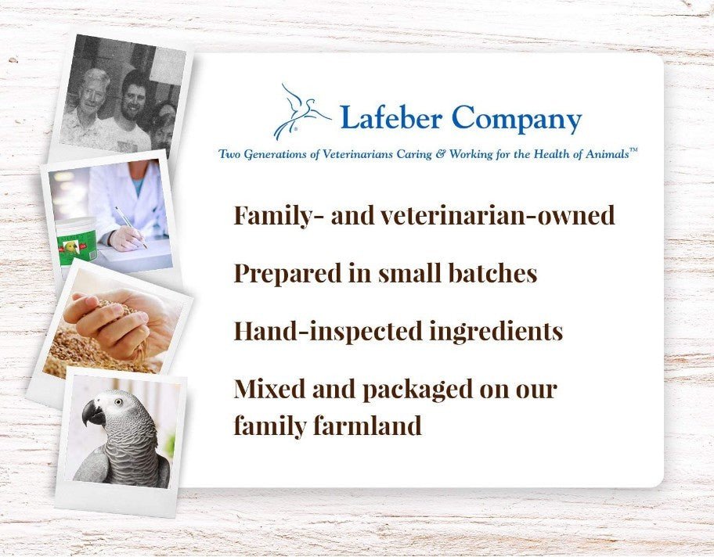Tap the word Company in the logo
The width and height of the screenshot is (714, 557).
click(516, 120)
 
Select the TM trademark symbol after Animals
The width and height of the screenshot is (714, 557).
click(633, 150)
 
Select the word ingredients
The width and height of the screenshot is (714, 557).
click(496, 332)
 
